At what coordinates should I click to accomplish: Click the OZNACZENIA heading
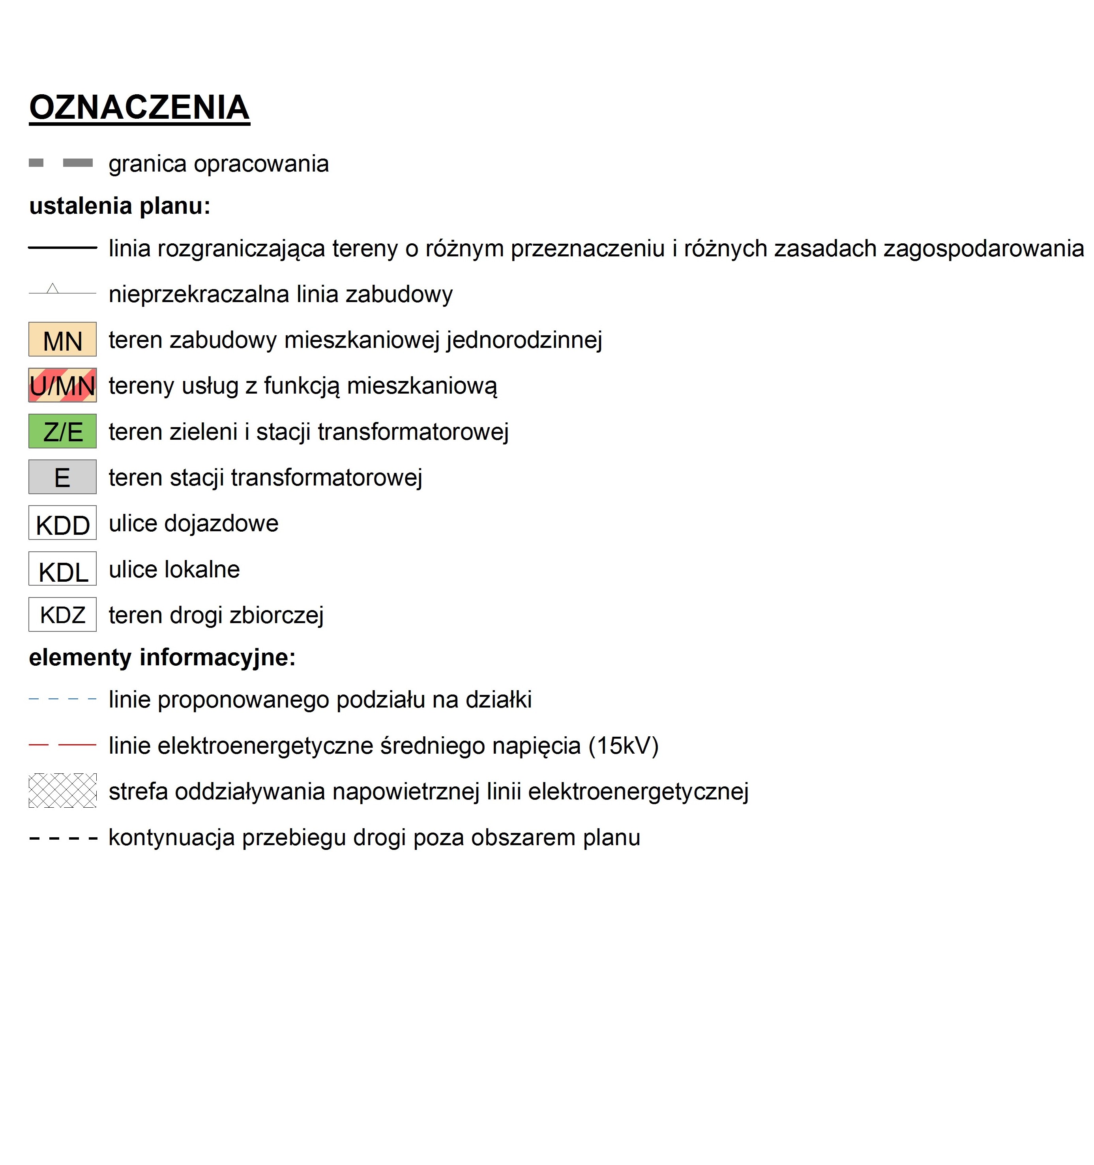click(x=140, y=108)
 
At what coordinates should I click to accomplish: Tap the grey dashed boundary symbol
click(x=61, y=163)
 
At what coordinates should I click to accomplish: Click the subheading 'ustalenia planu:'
click(x=120, y=206)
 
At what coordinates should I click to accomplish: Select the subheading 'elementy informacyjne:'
click(x=162, y=657)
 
